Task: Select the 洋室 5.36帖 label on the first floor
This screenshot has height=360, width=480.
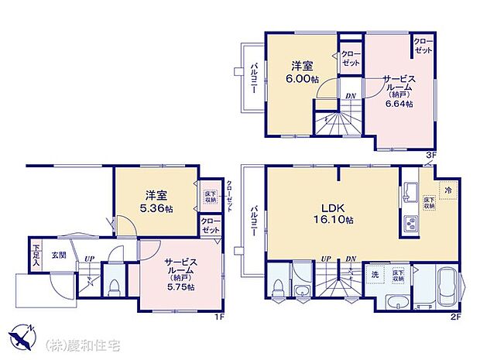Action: pyautogui.click(x=156, y=203)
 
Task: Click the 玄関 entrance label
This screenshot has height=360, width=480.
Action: pyautogui.click(x=59, y=254)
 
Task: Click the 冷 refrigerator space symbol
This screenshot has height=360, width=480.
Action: pyautogui.click(x=447, y=188)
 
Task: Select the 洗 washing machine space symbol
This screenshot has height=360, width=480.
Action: pyautogui.click(x=375, y=274)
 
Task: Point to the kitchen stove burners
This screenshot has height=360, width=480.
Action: pyautogui.click(x=409, y=225)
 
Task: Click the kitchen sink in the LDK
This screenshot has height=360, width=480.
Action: pyautogui.click(x=409, y=190)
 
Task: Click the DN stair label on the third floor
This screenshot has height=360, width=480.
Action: pyautogui.click(x=351, y=96)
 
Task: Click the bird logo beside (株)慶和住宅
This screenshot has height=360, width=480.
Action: pyautogui.click(x=22, y=338)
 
